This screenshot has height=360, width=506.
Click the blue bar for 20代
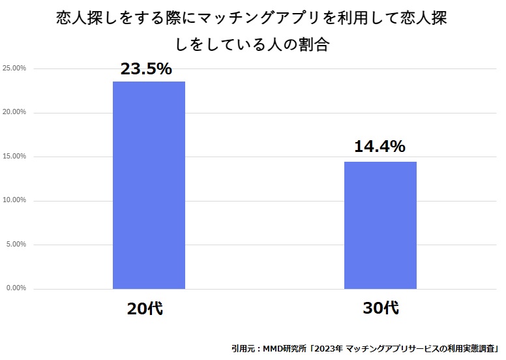[x=149, y=185]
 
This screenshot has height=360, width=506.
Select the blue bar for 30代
[x=380, y=225]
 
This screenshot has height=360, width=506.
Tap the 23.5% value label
[x=145, y=69]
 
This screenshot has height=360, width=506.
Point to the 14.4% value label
[x=380, y=147]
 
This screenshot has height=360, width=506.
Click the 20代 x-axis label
[x=145, y=308]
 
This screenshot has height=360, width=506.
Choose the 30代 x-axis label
[x=380, y=308]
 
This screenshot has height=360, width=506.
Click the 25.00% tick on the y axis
[x=14, y=68]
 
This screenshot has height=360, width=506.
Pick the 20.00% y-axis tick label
[x=14, y=112]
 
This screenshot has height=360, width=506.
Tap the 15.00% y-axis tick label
[x=14, y=157]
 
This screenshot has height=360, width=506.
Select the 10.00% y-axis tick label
[x=14, y=200]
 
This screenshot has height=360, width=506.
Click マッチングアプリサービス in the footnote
[x=393, y=348]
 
